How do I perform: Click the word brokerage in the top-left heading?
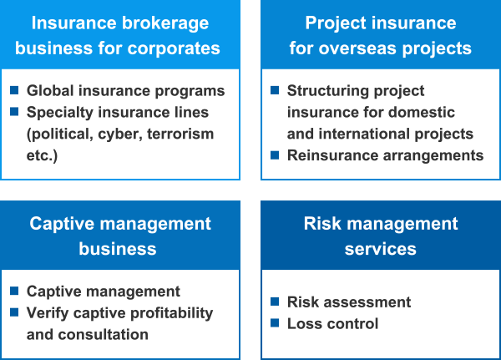point(164,24)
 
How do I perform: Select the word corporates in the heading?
point(174,49)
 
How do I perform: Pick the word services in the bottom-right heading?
point(380,249)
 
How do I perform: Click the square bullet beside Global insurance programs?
point(14,90)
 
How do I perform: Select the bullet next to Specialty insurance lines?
point(14,112)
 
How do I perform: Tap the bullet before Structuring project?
point(275,90)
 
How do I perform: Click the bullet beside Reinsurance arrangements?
point(275,155)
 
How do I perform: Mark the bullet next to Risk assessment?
point(275,302)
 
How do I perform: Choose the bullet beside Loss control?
point(275,323)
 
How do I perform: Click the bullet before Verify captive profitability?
point(14,312)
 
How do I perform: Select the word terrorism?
point(180,134)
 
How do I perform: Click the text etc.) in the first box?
point(43,155)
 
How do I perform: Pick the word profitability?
point(172,313)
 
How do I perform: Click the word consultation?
point(104,334)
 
